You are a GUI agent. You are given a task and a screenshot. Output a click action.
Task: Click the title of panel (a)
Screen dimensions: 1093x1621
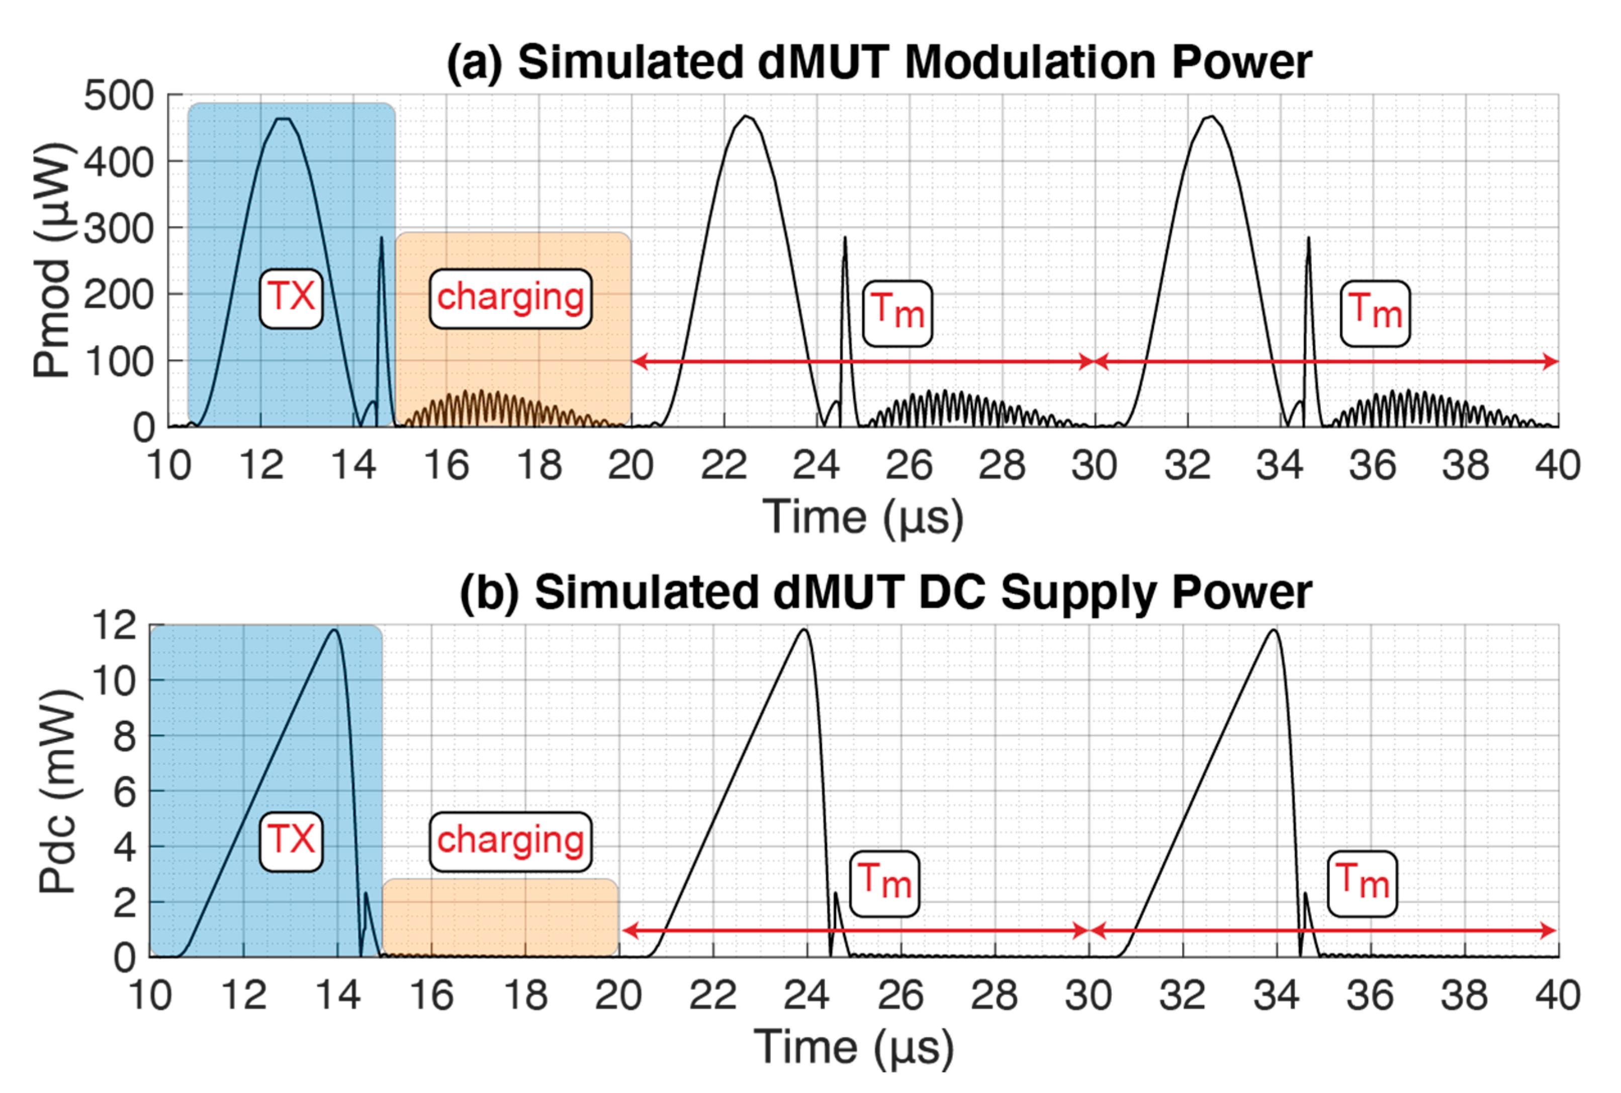click(x=879, y=63)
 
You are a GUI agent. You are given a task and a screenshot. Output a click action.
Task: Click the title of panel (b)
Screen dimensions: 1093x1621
click(x=886, y=593)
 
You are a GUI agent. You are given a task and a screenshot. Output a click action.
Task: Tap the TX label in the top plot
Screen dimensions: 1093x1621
click(x=291, y=298)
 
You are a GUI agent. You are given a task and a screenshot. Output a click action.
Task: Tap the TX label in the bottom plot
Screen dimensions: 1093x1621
click(x=291, y=840)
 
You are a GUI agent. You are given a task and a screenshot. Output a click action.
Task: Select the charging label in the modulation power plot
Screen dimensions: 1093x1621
click(x=511, y=298)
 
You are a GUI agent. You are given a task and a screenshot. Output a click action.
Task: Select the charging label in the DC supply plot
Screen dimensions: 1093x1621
click(x=511, y=840)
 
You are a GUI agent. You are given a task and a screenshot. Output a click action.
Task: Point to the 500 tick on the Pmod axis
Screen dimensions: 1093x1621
click(x=119, y=96)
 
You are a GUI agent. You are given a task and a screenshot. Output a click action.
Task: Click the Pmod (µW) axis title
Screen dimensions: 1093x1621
click(x=52, y=260)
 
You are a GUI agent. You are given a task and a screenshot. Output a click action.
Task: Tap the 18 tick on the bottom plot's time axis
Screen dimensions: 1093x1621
click(x=525, y=995)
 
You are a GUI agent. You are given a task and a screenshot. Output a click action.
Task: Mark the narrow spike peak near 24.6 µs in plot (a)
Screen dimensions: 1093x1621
click(x=845, y=238)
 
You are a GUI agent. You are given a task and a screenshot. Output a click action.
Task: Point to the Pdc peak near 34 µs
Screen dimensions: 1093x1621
click(x=1274, y=630)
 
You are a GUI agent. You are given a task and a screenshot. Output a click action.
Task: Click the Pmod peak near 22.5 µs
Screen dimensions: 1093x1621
click(x=747, y=116)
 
